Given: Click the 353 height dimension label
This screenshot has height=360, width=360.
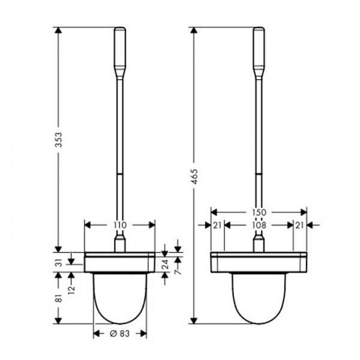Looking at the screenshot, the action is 59,140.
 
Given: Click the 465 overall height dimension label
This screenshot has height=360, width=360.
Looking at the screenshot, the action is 194,176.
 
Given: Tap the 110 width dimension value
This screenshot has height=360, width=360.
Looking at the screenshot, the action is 121,225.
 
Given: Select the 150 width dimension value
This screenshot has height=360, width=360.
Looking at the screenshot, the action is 259,212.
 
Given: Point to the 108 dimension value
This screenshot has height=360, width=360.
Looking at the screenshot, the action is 259,226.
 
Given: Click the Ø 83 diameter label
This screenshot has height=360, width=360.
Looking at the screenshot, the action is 119,334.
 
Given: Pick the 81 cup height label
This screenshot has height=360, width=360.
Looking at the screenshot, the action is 59,298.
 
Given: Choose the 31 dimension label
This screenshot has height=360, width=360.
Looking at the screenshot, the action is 59,262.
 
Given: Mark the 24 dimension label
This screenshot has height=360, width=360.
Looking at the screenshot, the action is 166,264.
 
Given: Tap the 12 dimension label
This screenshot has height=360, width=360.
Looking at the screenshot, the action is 72,290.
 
